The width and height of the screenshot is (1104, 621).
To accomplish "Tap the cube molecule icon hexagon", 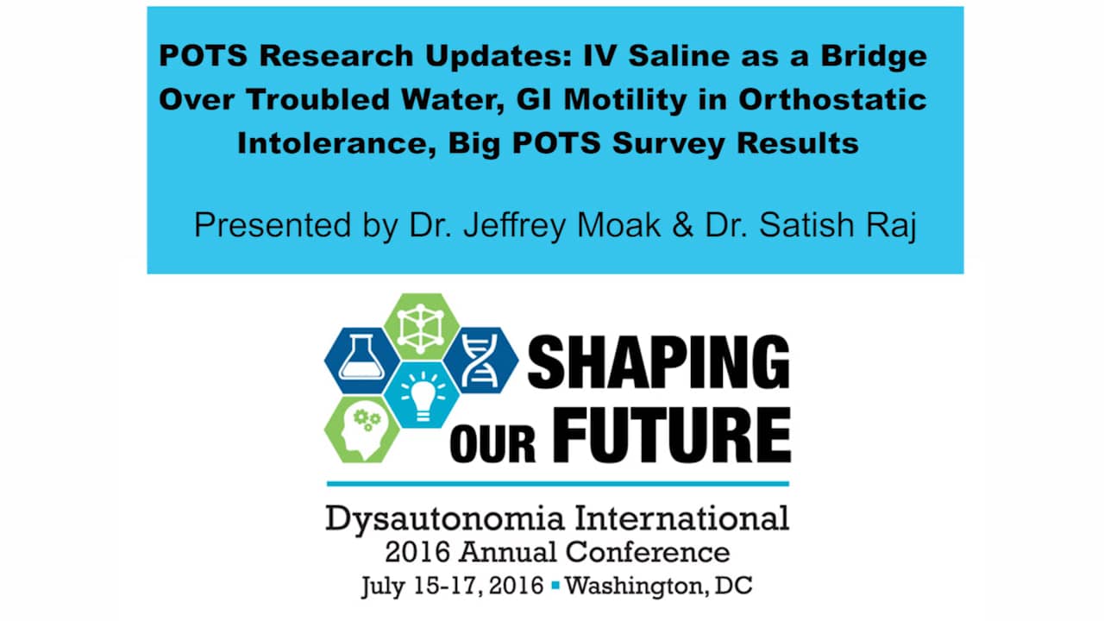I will tap(421, 326).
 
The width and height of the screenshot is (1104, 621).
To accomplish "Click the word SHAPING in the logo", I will tap(658, 362).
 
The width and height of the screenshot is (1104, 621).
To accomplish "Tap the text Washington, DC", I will tap(659, 586).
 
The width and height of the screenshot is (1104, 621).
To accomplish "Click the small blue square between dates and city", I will tap(555, 586).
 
